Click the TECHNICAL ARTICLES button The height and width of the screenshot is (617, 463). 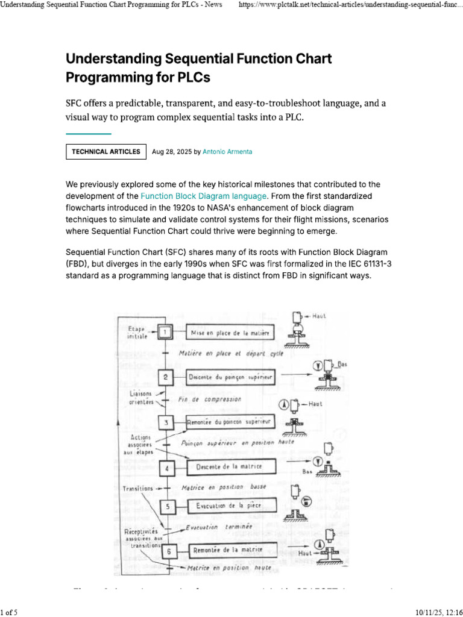pyautogui.click(x=106, y=152)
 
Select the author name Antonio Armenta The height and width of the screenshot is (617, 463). pyautogui.click(x=227, y=152)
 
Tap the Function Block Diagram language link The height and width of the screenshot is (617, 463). pyautogui.click(x=204, y=196)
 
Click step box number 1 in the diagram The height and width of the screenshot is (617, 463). pyautogui.click(x=166, y=332)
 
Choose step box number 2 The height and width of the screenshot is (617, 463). pyautogui.click(x=166, y=378)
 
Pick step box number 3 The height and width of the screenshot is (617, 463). pyautogui.click(x=166, y=422)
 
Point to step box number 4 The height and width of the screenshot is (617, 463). pyautogui.click(x=166, y=467)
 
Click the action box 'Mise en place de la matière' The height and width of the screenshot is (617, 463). pyautogui.click(x=229, y=333)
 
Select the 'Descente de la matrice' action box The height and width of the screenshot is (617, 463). pyautogui.click(x=231, y=467)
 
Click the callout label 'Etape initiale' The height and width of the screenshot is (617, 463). pyautogui.click(x=137, y=332)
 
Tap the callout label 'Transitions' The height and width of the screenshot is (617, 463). pyautogui.click(x=137, y=489)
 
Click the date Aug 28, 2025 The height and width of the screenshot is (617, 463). pyautogui.click(x=172, y=152)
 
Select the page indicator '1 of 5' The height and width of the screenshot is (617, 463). pyautogui.click(x=9, y=612)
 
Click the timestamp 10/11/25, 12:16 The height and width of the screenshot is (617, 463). pyautogui.click(x=438, y=612)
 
